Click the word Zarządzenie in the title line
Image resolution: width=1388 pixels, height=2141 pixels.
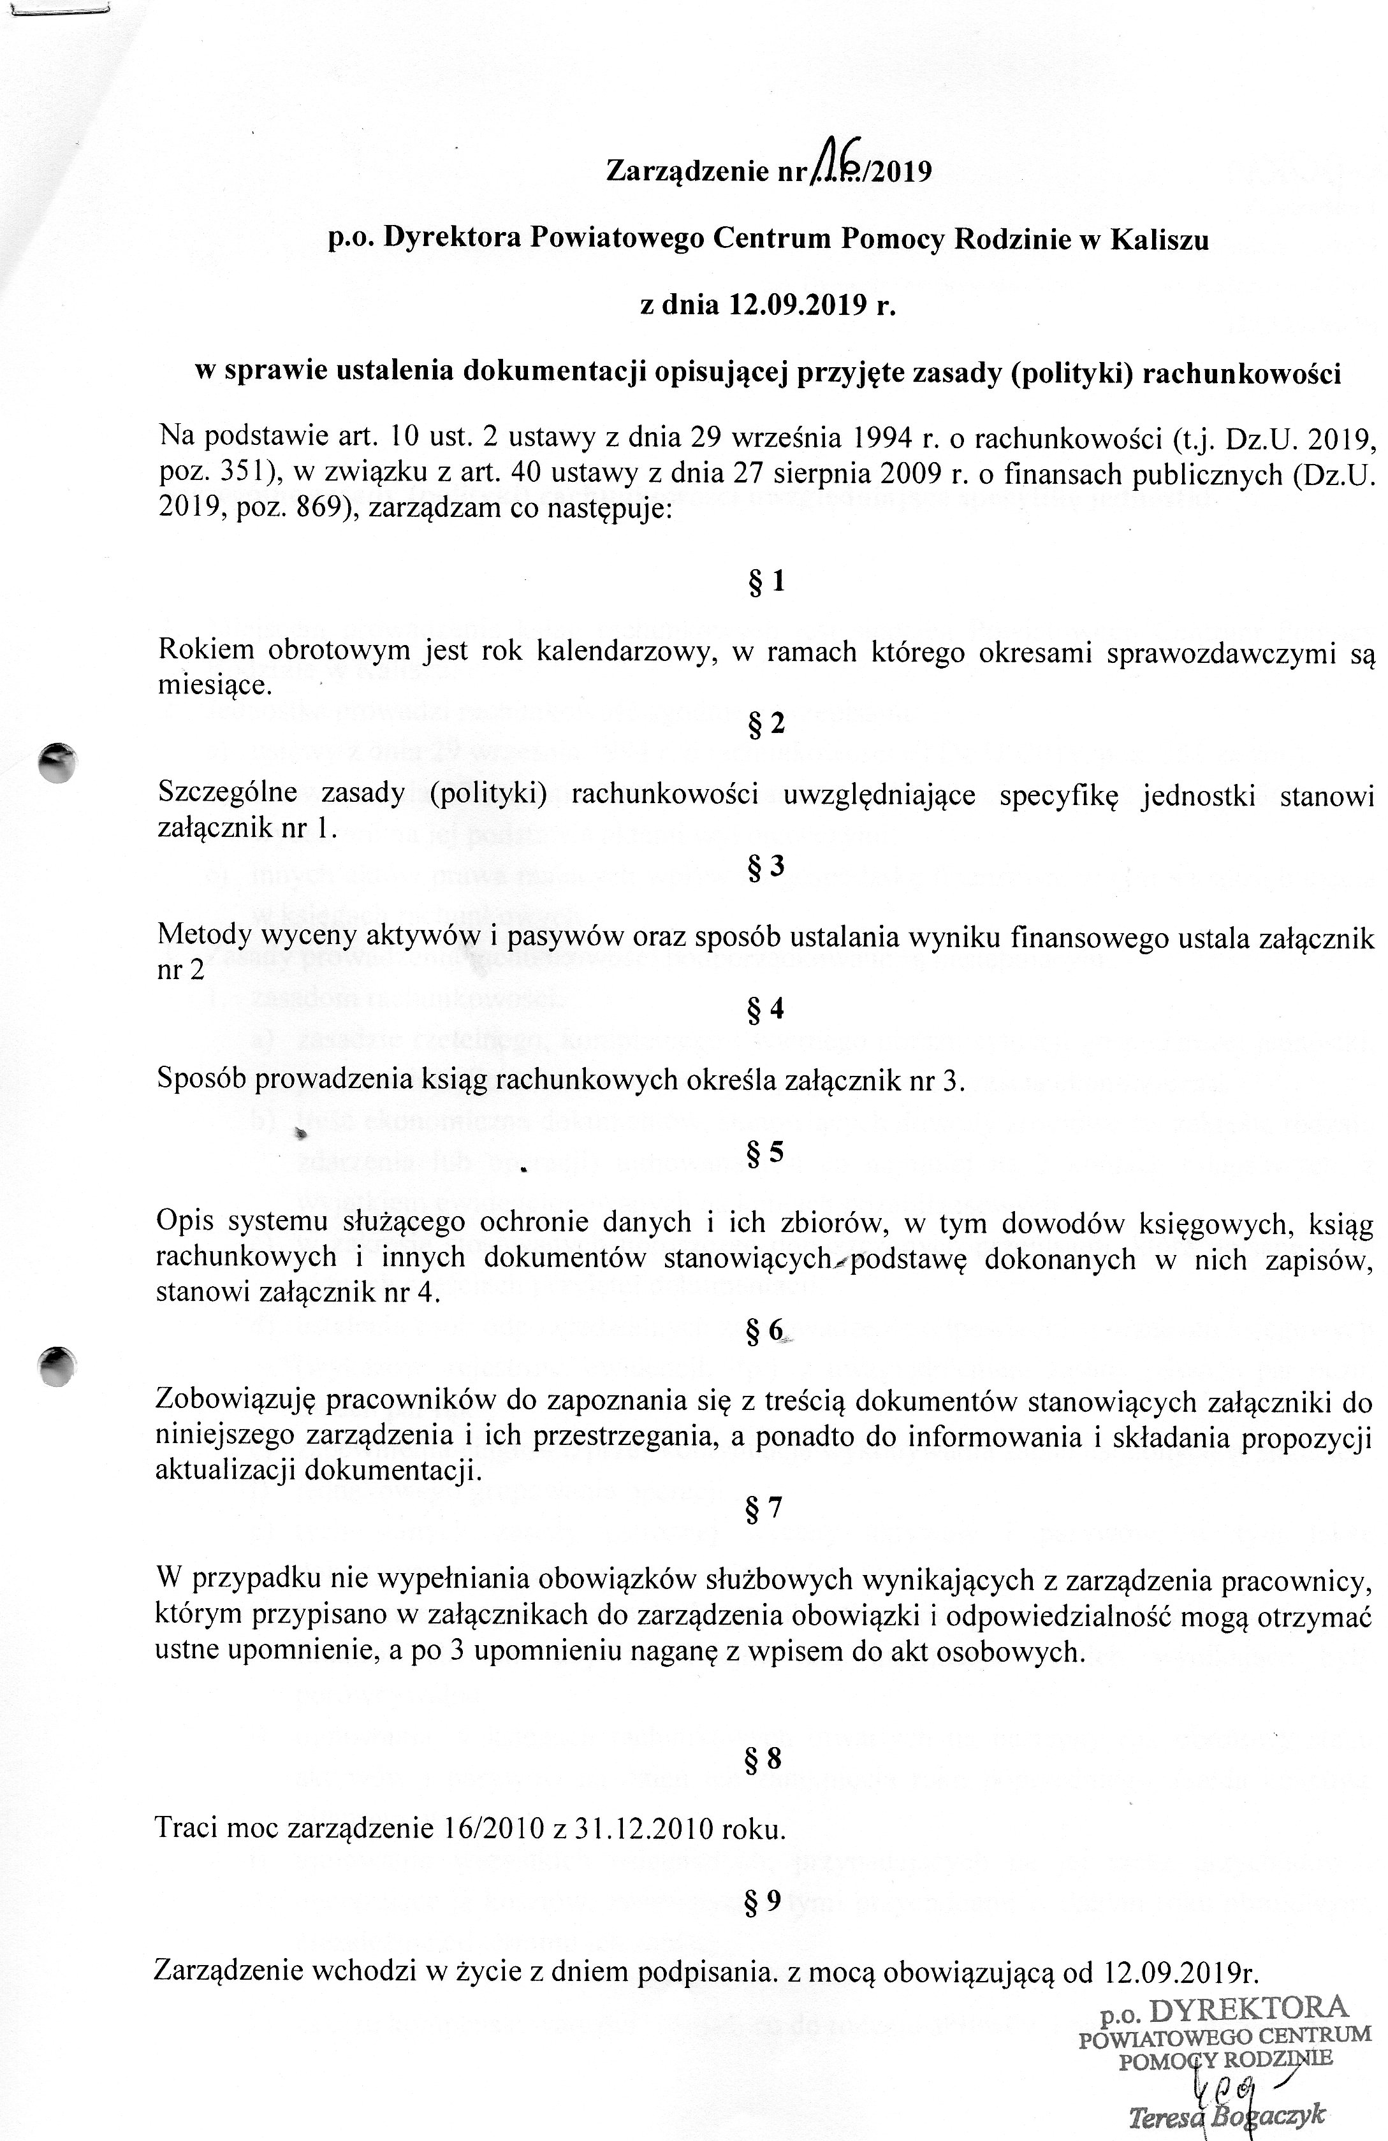click(x=683, y=171)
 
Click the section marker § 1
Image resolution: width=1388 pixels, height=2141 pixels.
click(x=766, y=582)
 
